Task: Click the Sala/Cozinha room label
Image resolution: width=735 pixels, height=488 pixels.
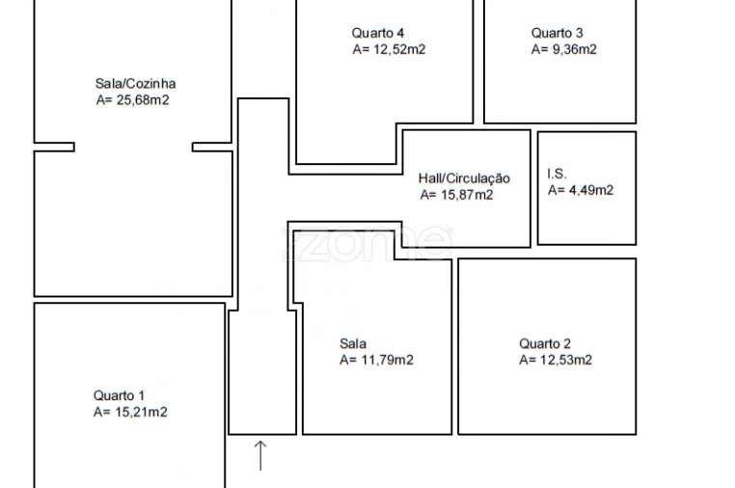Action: (x=135, y=84)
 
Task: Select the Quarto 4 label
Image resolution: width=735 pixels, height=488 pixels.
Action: (x=378, y=33)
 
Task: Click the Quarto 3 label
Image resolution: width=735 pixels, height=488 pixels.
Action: (x=557, y=33)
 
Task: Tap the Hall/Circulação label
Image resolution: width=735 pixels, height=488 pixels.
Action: (x=464, y=178)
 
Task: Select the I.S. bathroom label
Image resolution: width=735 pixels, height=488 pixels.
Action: (x=557, y=174)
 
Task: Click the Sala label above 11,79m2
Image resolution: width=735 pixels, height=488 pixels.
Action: (x=353, y=343)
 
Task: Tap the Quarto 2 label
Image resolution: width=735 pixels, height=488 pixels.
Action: (x=545, y=343)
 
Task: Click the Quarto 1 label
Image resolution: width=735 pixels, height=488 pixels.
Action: (x=119, y=395)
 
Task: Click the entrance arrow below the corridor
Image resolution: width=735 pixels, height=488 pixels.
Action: (x=260, y=455)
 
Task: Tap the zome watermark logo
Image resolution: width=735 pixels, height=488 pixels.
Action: (x=367, y=243)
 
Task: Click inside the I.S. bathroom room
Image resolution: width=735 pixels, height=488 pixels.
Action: (x=586, y=216)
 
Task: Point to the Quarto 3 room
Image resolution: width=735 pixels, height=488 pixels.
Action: (x=559, y=84)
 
